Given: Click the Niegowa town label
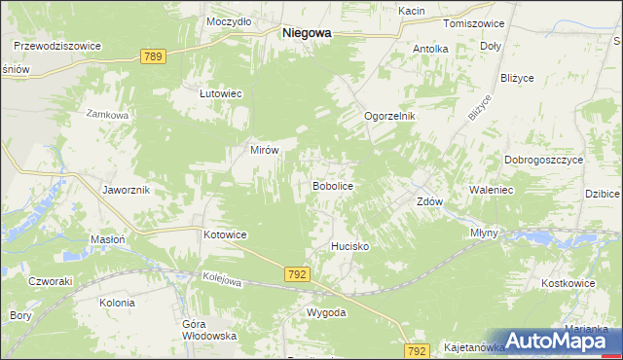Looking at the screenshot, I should pyautogui.click(x=306, y=32).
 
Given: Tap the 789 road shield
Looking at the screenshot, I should pyautogui.click(x=152, y=57).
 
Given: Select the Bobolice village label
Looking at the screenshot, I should pyautogui.click(x=331, y=185).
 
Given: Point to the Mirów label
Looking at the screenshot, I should pyautogui.click(x=266, y=151).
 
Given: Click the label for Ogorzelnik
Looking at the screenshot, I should pyautogui.click(x=389, y=116).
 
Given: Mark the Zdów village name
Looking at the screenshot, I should pyautogui.click(x=430, y=202).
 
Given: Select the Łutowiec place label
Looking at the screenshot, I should pyautogui.click(x=220, y=93).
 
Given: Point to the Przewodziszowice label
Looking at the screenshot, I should pyautogui.click(x=57, y=45).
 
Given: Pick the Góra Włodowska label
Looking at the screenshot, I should pyautogui.click(x=197, y=329).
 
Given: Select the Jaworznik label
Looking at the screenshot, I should pyautogui.click(x=126, y=190).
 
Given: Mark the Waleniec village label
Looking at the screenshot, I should pyautogui.click(x=491, y=191).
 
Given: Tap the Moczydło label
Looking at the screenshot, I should pyautogui.click(x=230, y=20).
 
